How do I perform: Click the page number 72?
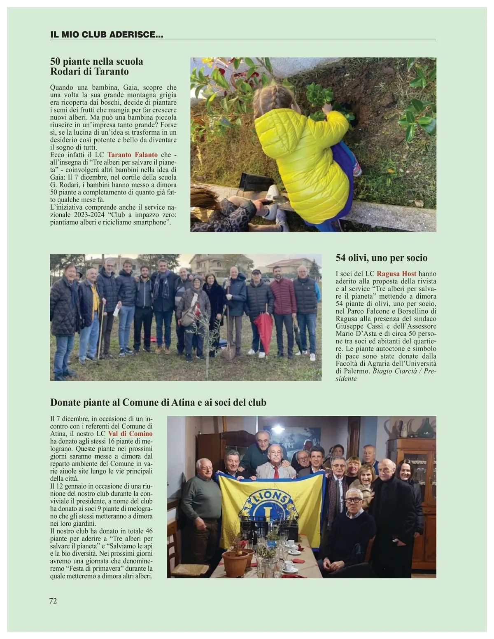(x=53, y=601)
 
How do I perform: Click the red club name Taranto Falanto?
(x=133, y=155)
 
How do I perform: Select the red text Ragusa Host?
(x=396, y=274)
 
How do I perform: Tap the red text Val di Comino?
(x=130, y=434)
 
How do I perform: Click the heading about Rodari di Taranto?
(x=96, y=66)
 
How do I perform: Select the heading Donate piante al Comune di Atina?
(x=158, y=402)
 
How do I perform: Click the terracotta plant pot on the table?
(x=235, y=562)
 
